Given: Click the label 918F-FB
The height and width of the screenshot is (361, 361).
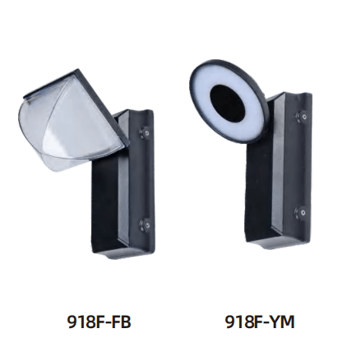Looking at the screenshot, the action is (99, 322).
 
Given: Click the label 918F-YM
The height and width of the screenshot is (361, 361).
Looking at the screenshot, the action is (260, 322).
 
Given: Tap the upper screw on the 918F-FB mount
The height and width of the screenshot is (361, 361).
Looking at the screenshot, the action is (146, 132).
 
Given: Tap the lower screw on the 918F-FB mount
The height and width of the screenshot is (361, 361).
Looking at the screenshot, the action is (146, 224).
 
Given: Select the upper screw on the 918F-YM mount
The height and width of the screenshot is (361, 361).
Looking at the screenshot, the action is (302, 116).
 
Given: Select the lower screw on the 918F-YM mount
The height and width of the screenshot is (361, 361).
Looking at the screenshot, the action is (301, 212).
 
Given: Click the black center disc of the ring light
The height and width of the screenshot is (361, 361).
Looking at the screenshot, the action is (227, 103).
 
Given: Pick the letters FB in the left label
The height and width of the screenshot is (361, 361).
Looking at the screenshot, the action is (121, 322).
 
